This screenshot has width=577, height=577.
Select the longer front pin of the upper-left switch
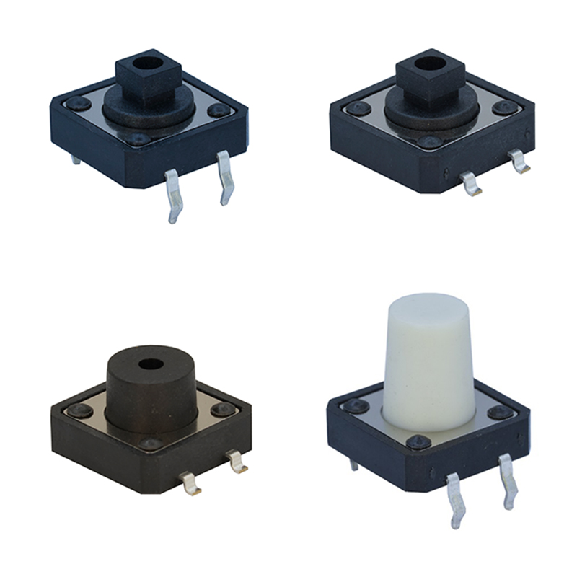pyautogui.click(x=173, y=198)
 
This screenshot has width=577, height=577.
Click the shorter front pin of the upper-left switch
pyautogui.click(x=224, y=178)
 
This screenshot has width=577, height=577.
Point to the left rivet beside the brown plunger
pyautogui.click(x=79, y=410)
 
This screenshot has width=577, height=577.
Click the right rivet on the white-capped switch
pyautogui.click(x=499, y=412)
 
